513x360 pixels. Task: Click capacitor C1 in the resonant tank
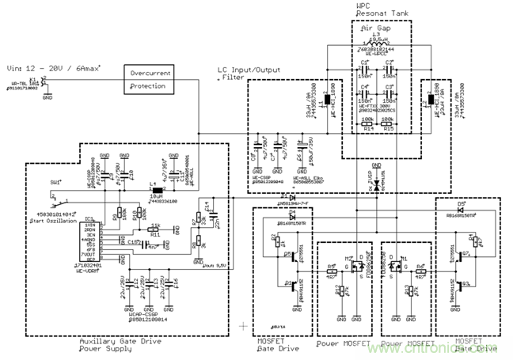pyautogui.click(x=365, y=68)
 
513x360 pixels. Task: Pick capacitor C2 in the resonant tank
pyautogui.click(x=387, y=68)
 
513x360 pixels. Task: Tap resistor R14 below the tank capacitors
pyautogui.click(x=365, y=104)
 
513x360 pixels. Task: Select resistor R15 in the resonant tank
pyautogui.click(x=387, y=104)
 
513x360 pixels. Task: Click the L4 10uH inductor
pyautogui.click(x=157, y=191)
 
